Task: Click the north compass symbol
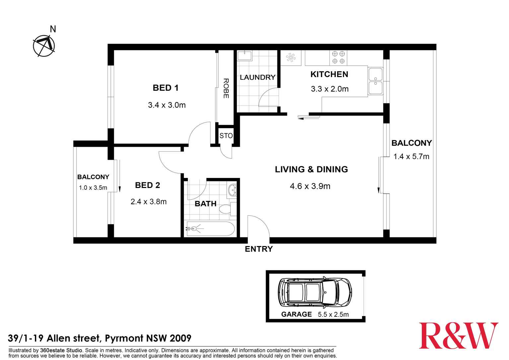(44, 45)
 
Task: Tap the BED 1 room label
(166, 88)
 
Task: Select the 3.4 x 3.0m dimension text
(167, 105)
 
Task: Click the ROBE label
(226, 88)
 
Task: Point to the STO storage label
(226, 136)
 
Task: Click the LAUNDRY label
(257, 77)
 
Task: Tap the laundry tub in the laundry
(245, 55)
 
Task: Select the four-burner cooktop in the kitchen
(338, 57)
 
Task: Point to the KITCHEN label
(329, 74)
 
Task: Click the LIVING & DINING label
(311, 169)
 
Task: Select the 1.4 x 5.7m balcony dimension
(411, 157)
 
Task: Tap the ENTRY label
(259, 249)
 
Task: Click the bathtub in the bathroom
(210, 229)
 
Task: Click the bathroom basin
(232, 190)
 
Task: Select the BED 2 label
(147, 185)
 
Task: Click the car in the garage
(315, 292)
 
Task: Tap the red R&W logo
(458, 335)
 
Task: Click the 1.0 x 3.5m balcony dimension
(93, 188)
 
